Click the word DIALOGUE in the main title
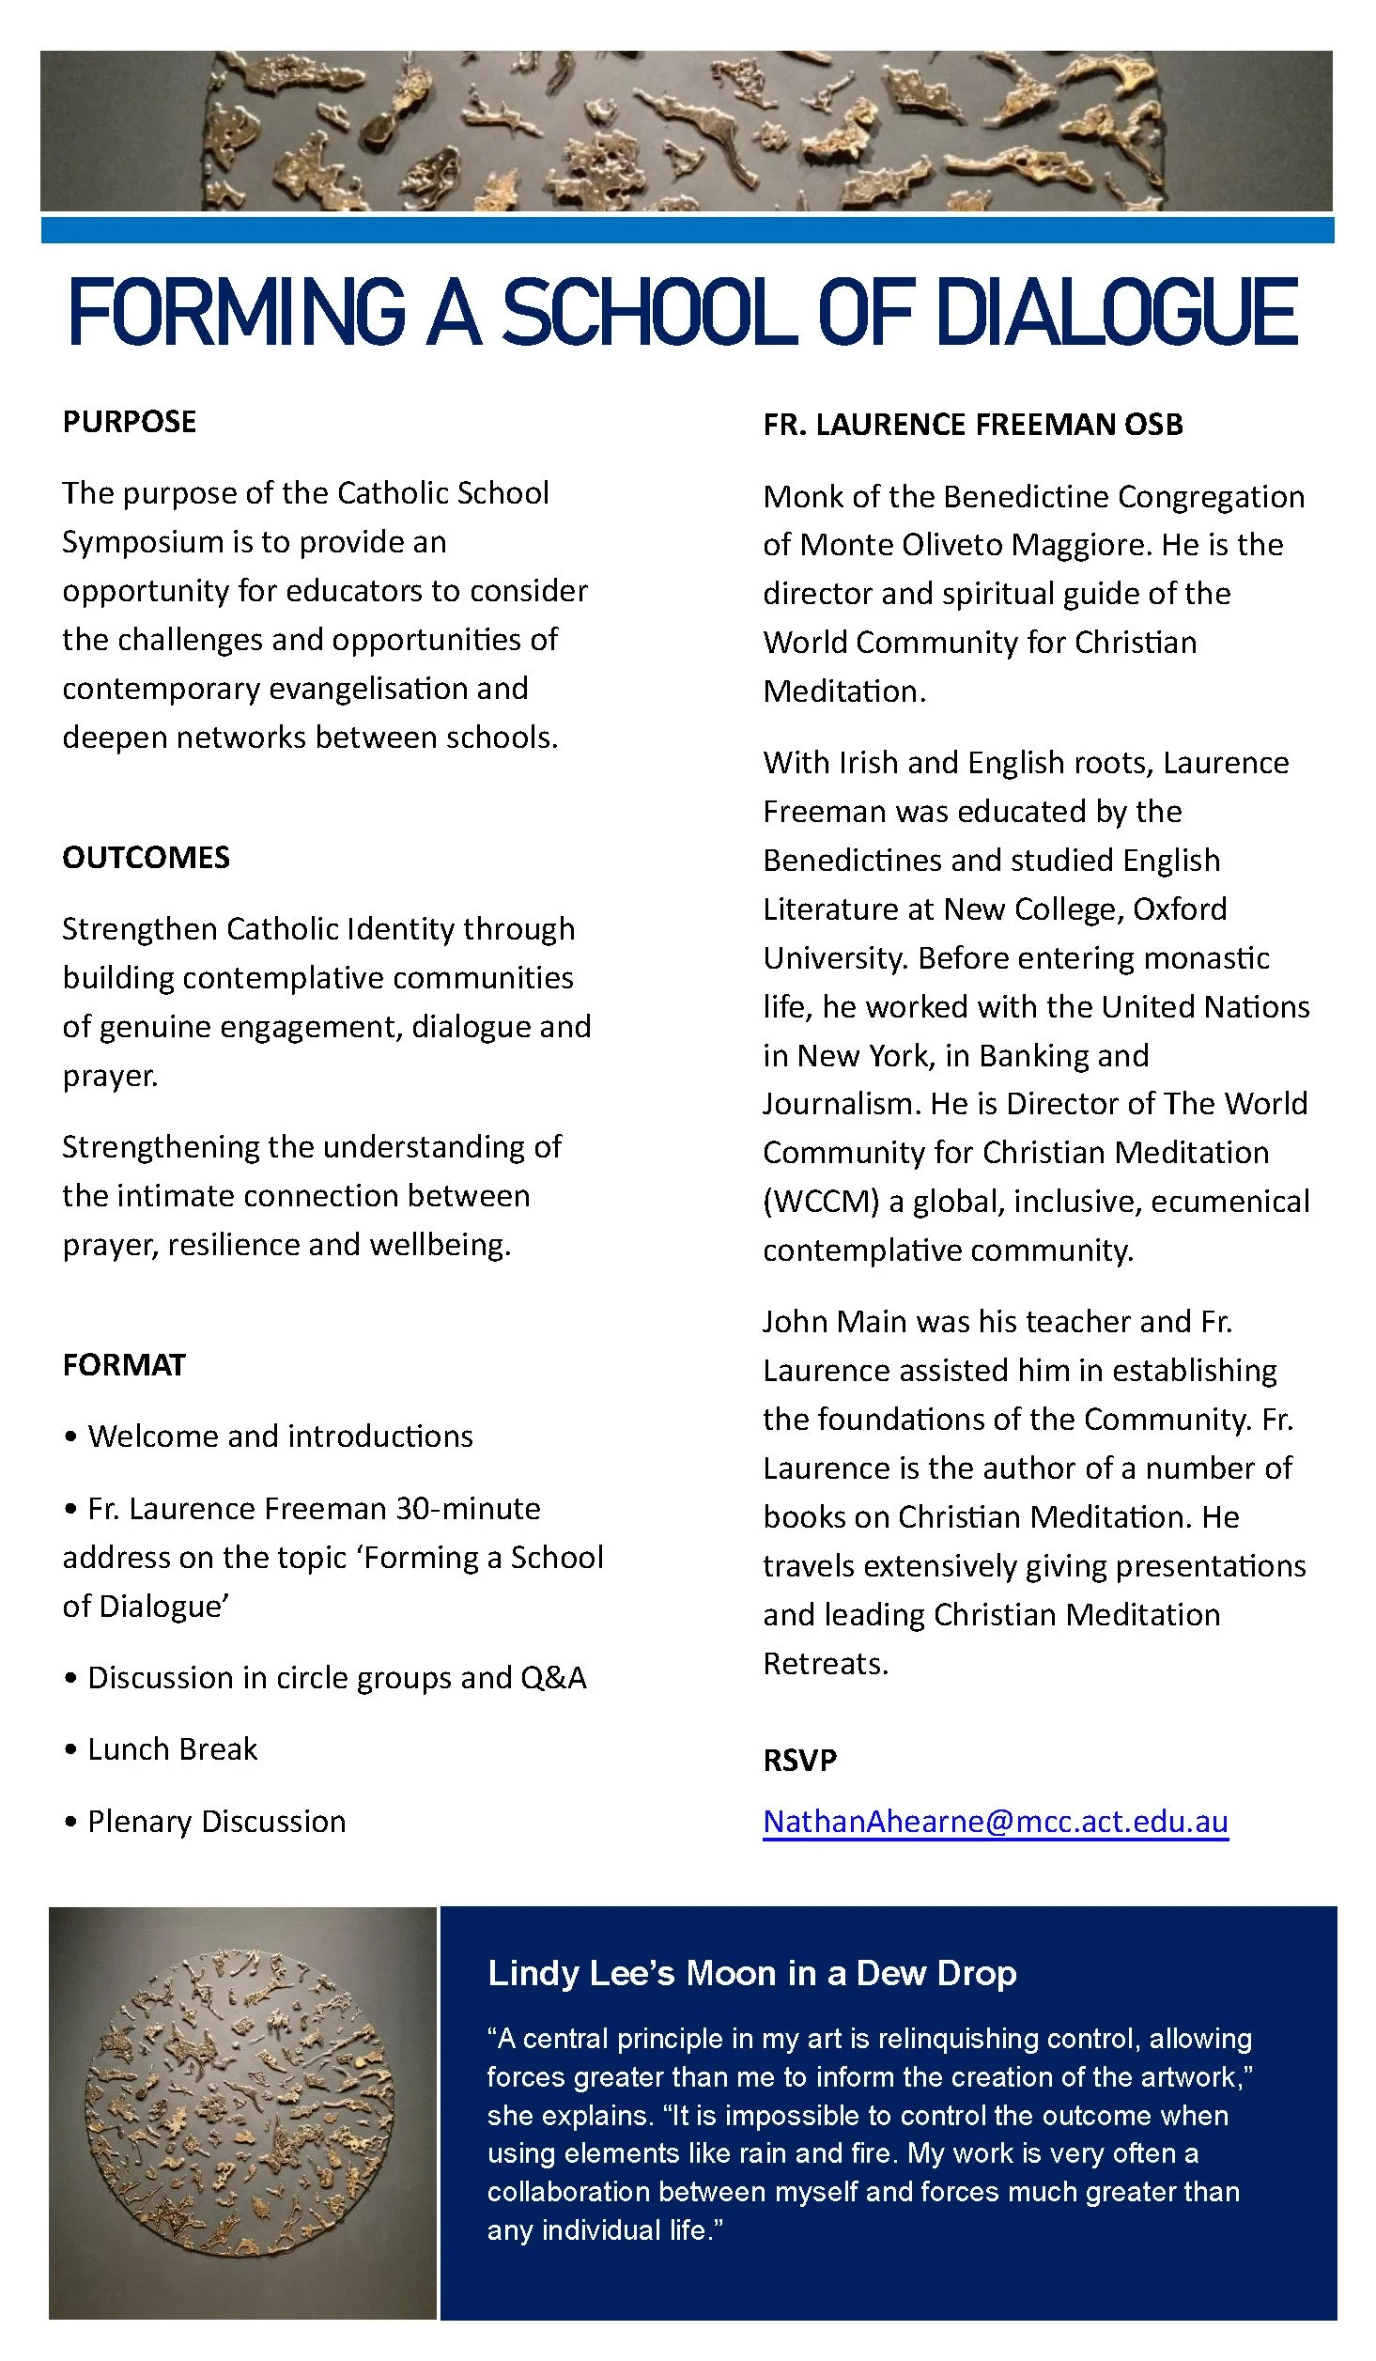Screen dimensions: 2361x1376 tap(1117, 312)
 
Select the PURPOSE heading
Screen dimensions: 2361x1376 tap(130, 422)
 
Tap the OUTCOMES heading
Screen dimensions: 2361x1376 tap(146, 858)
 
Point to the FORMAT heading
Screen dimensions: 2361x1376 tap(124, 1365)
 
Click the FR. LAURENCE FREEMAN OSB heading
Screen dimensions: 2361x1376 tap(972, 425)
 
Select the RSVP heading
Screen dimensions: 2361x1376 tap(799, 1760)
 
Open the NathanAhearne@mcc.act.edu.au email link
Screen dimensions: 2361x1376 tap(995, 1822)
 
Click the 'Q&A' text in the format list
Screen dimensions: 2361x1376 tap(553, 1678)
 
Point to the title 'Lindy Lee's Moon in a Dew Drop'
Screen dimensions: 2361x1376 tap(751, 1973)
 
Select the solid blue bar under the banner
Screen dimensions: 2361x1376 tap(688, 230)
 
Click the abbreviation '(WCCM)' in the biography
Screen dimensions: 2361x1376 tap(821, 1202)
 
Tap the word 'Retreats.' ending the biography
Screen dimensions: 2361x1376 tap(825, 1664)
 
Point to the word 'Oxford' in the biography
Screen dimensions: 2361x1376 tap(1180, 909)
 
